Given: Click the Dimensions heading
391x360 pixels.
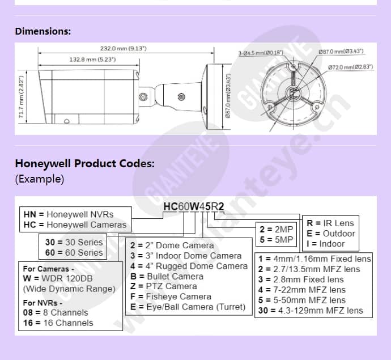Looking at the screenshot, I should coord(43,31).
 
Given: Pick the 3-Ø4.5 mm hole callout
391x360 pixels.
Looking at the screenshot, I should coord(261,53).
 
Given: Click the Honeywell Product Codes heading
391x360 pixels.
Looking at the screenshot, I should coord(84,164).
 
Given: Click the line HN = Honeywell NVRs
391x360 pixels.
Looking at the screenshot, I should coord(69,214).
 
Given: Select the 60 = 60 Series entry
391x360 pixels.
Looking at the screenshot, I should coord(74,252).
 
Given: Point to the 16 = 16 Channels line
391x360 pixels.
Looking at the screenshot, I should coord(58,323).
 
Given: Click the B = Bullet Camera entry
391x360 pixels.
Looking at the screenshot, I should coord(167,276).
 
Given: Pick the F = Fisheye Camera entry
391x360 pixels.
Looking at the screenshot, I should coord(170,297).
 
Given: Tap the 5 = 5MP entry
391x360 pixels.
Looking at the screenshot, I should coord(277,239).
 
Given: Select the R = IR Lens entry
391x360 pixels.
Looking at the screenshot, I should coord(331,223).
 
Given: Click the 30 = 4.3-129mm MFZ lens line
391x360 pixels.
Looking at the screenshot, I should coord(311,310).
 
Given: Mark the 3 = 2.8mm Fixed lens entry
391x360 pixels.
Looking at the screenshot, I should coord(301,279).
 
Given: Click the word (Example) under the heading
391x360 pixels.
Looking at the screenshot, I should coord(40,179).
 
